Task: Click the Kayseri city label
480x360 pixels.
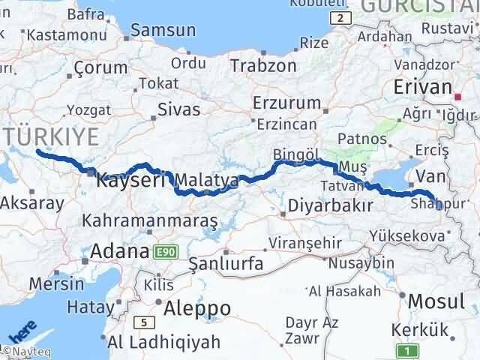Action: (x=132, y=181)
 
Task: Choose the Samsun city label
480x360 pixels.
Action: (x=163, y=31)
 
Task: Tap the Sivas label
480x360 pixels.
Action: (x=178, y=109)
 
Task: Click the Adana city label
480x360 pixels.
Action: (x=119, y=252)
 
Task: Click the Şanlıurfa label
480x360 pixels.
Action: (x=226, y=263)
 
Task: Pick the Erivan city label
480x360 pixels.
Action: (x=422, y=87)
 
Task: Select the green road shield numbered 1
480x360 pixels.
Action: (x=406, y=349)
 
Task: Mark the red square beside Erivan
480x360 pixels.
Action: (x=459, y=96)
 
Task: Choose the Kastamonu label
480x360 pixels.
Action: (x=58, y=34)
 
